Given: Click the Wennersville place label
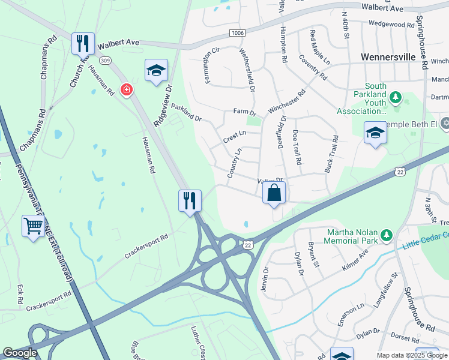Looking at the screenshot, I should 388,57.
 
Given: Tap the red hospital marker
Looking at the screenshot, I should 126,90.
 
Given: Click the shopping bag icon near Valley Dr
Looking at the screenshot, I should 274,193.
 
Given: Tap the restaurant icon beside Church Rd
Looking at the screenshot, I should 83,43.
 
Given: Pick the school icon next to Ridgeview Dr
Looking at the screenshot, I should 156,70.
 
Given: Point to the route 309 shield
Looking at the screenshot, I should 106,60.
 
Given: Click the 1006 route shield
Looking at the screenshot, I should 237,32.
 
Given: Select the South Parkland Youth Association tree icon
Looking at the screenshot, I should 395,97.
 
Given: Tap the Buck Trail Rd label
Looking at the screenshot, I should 331,154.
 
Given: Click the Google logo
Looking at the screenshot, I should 19,353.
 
